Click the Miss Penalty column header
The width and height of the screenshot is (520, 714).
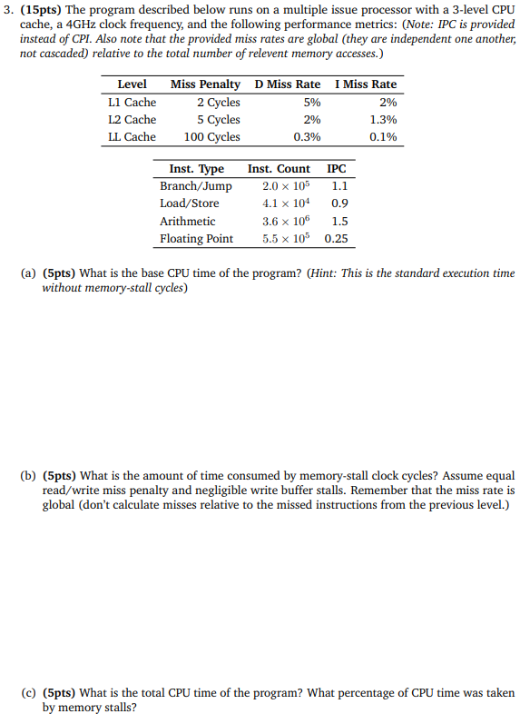point(205,84)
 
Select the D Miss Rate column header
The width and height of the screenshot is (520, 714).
point(288,84)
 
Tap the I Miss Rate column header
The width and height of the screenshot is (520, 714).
point(366,84)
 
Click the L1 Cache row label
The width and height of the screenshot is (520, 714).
point(132,102)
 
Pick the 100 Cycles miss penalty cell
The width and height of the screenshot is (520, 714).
point(211,137)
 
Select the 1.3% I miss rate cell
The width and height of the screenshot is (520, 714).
point(383,120)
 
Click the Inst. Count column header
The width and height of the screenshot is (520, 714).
point(279,169)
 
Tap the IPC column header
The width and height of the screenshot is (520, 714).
point(336,169)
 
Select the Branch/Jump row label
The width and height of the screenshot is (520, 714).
point(195,186)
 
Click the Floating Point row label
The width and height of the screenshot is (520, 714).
point(196,239)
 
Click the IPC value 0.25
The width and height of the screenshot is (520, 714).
point(337,239)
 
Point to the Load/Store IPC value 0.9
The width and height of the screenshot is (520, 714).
point(340,203)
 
